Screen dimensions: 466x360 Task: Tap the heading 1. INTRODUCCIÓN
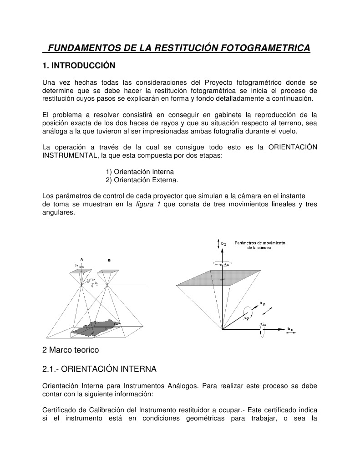(x=79, y=66)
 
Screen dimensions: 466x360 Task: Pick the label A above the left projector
(x=82, y=259)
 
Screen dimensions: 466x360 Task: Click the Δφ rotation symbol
(x=246, y=318)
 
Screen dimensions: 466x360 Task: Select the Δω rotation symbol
(x=263, y=325)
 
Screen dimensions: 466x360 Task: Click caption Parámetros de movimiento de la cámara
(x=259, y=246)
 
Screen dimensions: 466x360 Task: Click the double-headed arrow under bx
(x=290, y=333)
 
